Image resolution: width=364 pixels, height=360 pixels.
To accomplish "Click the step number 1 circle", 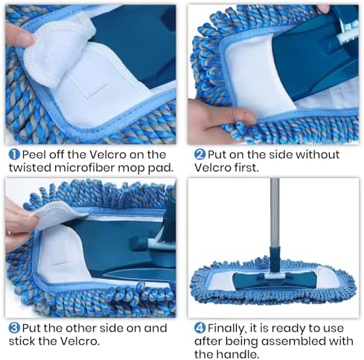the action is point(14,154).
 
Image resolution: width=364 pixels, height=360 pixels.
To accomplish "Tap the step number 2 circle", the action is point(199,154).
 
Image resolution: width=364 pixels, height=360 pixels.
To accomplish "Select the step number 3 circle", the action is point(14,328).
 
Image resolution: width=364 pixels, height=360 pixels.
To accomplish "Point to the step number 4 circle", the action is point(199,328).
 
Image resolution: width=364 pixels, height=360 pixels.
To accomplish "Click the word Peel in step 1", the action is point(34,154).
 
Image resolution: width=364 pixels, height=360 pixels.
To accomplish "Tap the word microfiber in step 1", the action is point(84,168).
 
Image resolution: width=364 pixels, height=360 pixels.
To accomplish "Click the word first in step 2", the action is point(246,168).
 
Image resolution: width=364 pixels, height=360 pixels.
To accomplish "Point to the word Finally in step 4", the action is point(227,329).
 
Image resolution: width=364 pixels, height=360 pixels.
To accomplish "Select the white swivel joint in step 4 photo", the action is point(274,275).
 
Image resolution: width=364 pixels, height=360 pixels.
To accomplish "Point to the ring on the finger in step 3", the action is point(10,233).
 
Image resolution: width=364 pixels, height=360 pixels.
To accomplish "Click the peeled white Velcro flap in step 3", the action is point(58,214).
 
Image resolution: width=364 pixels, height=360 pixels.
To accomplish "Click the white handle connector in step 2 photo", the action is point(348,31).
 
